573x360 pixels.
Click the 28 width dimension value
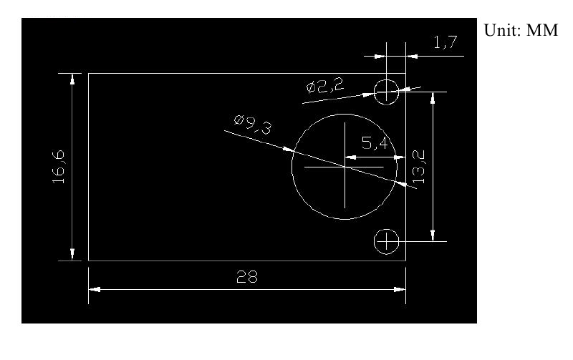coord(247,277)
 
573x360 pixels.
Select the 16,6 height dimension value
coord(59,167)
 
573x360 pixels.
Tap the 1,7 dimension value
coord(445,42)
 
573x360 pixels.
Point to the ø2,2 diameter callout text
coord(325,86)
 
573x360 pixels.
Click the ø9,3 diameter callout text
coord(253,124)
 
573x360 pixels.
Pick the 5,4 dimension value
coord(375,142)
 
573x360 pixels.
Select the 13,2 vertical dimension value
coord(419,167)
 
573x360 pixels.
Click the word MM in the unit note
coord(542,30)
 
